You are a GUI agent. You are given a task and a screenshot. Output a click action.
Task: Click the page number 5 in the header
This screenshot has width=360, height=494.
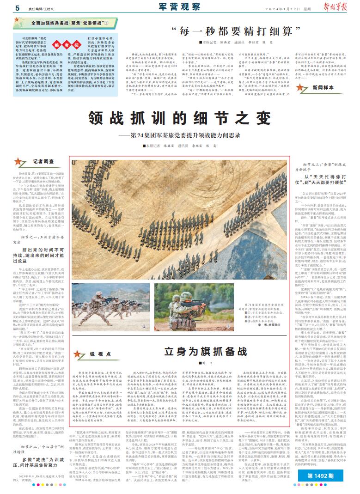click(17, 8)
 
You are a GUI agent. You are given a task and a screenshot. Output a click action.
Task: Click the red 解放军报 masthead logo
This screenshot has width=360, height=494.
click(342, 7)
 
